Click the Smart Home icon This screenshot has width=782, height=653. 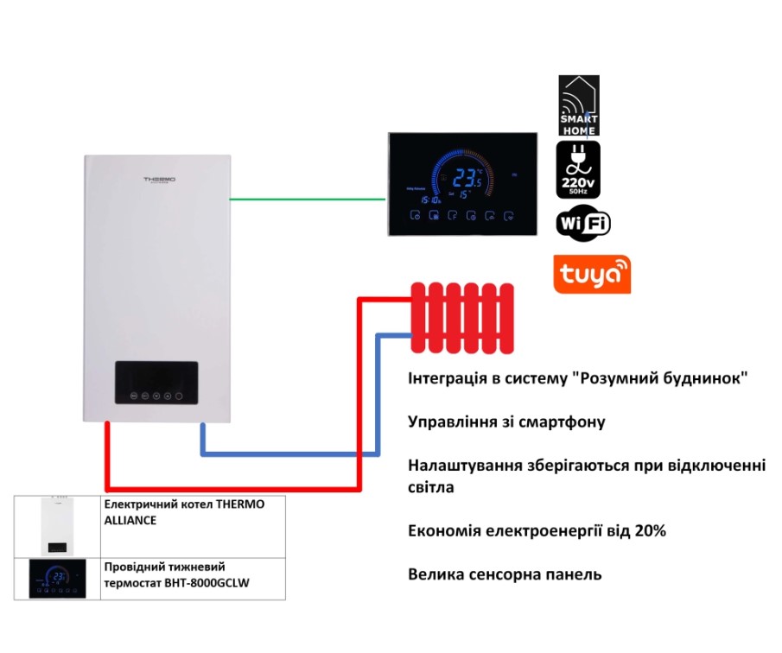pos(579,105)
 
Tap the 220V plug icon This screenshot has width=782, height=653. pos(579,170)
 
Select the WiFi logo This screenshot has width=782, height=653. pos(583,224)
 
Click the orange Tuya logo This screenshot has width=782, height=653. pos(593,275)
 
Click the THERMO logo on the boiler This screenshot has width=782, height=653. pos(160,180)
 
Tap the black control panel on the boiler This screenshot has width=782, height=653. pos(156,383)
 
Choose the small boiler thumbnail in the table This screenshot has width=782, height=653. pos(57,526)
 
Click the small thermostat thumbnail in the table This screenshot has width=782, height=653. pos(57,579)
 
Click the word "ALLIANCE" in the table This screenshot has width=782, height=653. pos(130,520)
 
